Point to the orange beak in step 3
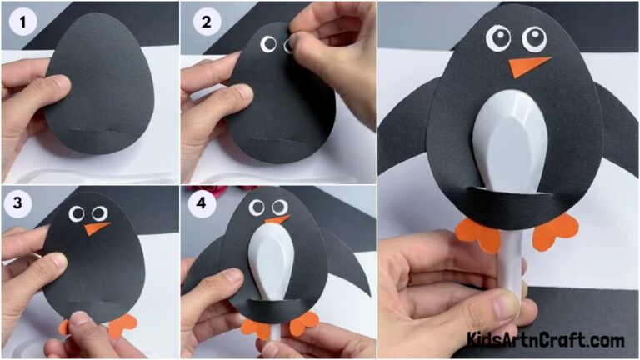(x=98, y=227)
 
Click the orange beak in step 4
(x=277, y=220)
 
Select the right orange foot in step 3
(x=122, y=324)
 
